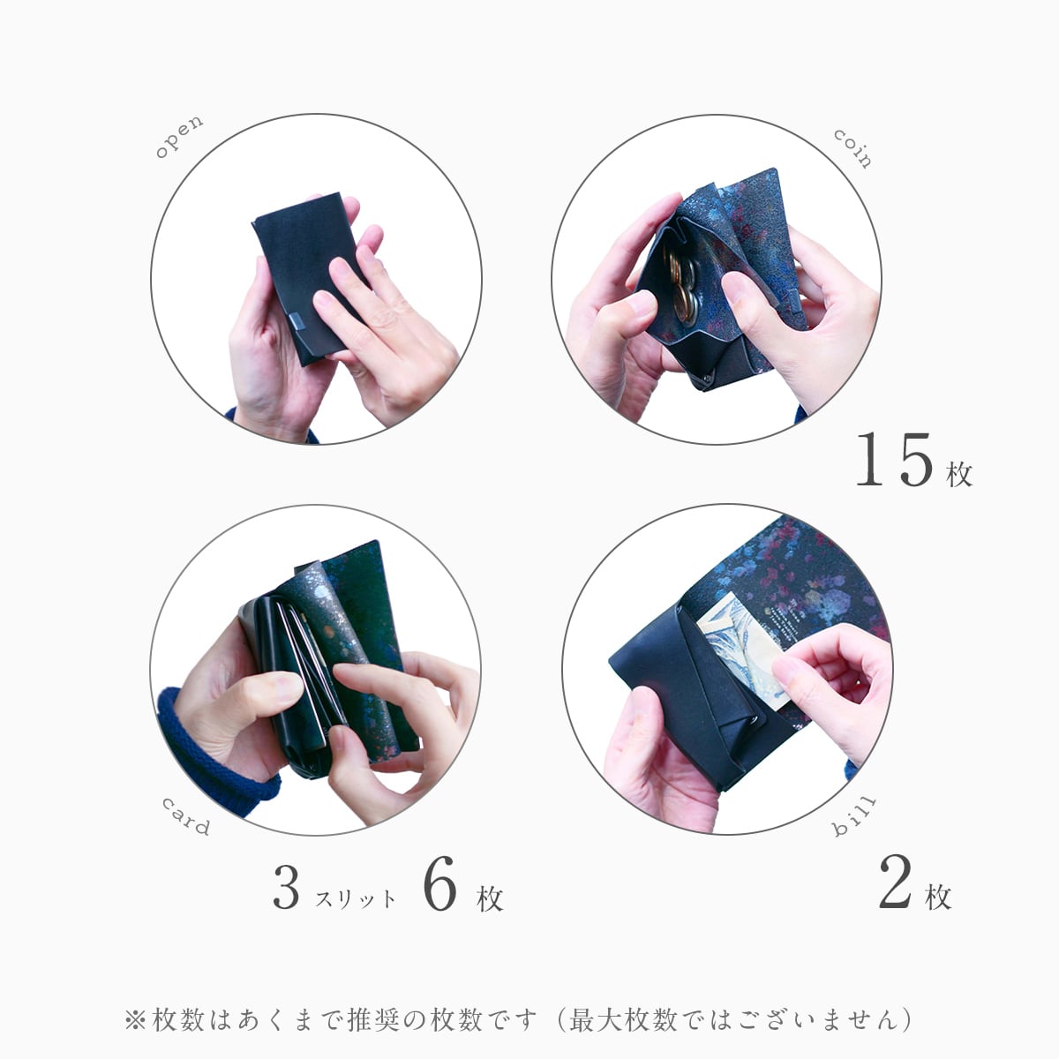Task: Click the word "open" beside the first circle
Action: click(x=179, y=137)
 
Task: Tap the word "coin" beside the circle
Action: click(x=852, y=148)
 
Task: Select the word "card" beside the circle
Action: click(x=185, y=816)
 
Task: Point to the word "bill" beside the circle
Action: click(x=853, y=816)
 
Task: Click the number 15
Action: click(x=894, y=460)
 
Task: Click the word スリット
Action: click(x=355, y=899)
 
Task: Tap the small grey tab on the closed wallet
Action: click(x=297, y=320)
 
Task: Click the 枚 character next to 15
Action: click(x=959, y=474)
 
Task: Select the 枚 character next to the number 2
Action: click(x=938, y=897)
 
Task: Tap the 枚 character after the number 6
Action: click(x=490, y=899)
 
